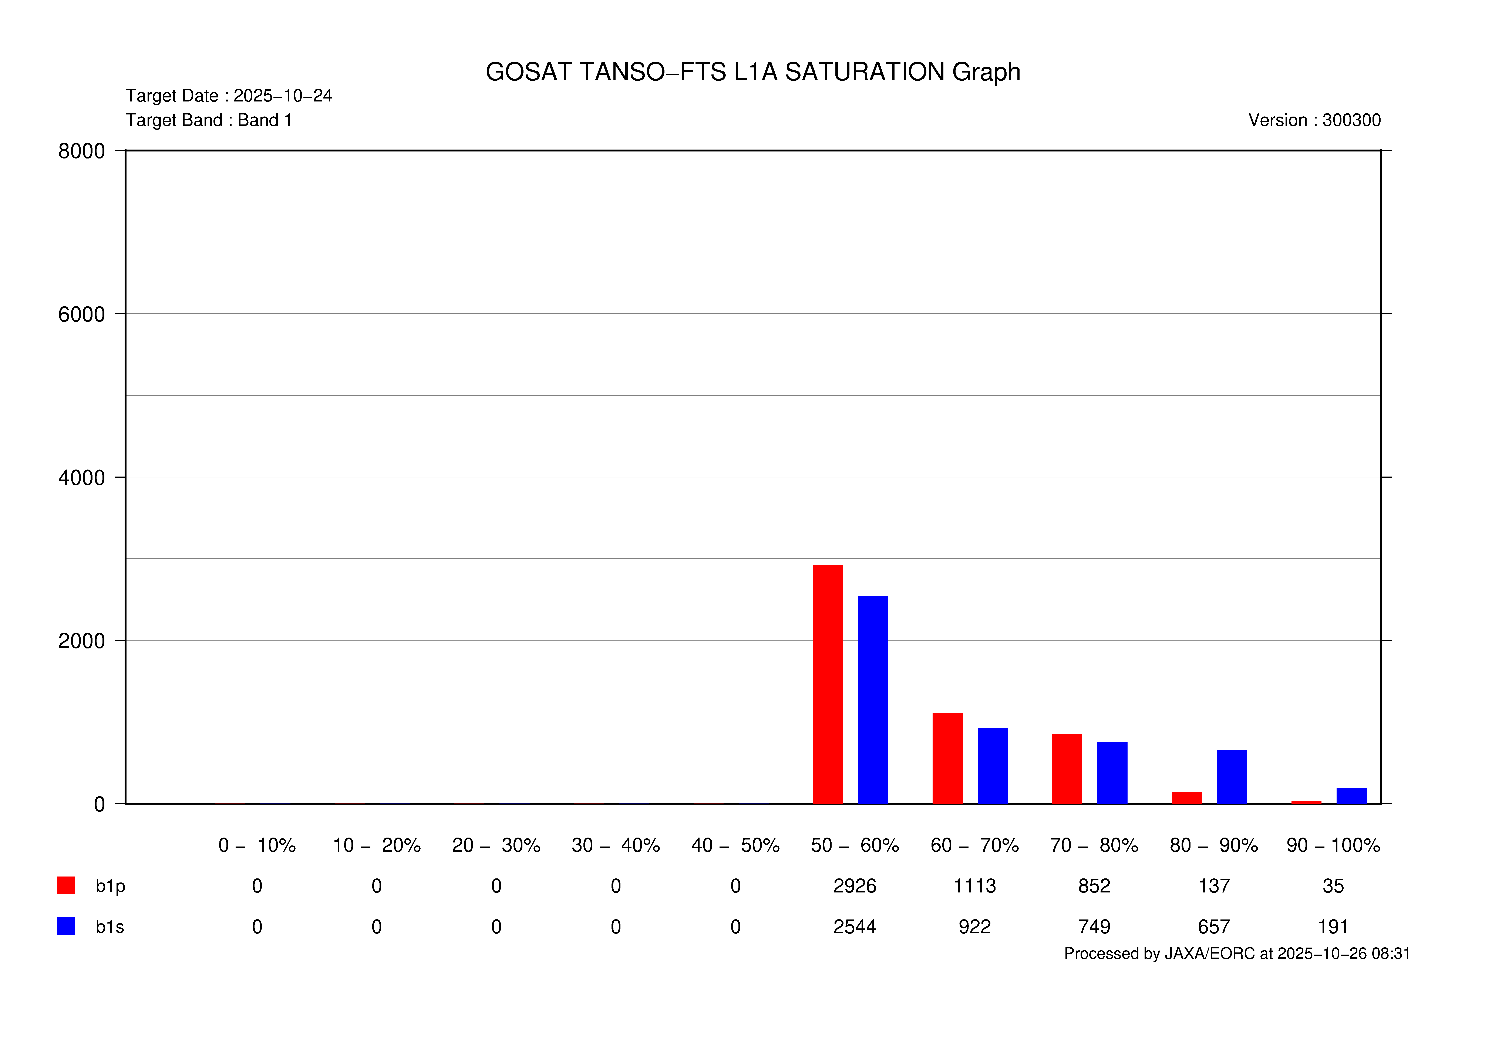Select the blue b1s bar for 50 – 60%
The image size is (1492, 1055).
(x=873, y=700)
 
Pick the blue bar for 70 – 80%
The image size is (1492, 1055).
(x=1112, y=773)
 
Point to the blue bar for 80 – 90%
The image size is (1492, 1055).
(x=1231, y=777)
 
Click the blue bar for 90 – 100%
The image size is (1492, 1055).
(x=1351, y=796)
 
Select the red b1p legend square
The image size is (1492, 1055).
(x=66, y=885)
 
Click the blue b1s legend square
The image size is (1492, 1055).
(x=66, y=926)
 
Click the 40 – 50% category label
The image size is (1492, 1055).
(x=735, y=845)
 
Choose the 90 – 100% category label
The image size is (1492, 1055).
(x=1333, y=845)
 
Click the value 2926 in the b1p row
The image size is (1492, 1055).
(x=855, y=886)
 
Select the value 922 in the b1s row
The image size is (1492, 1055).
(x=974, y=927)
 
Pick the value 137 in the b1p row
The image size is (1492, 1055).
(x=1213, y=886)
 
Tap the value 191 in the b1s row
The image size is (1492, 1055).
(x=1333, y=927)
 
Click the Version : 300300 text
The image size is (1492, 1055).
(x=1314, y=120)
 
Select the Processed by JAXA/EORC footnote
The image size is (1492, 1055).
(x=1237, y=954)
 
